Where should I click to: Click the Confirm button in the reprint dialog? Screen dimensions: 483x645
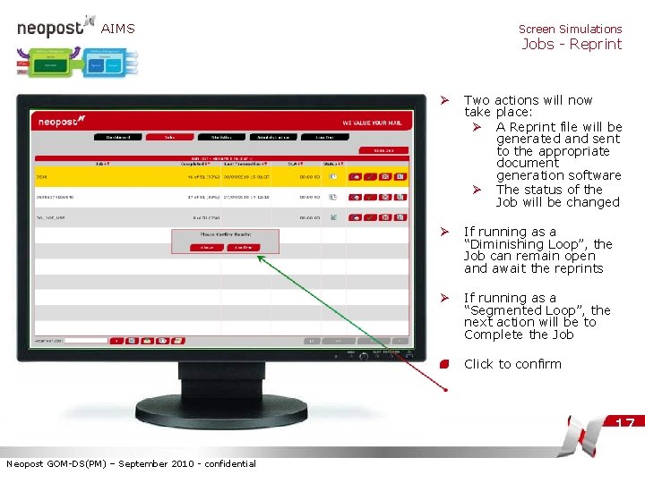click(243, 247)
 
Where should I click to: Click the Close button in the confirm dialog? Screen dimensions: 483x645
click(207, 247)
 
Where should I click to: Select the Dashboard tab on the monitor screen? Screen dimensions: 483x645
click(117, 137)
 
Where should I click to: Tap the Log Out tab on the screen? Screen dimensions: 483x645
click(324, 137)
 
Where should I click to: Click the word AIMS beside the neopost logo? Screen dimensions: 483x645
click(117, 29)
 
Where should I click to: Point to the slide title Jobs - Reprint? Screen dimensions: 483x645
click(572, 45)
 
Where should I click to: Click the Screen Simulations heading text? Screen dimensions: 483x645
click(570, 29)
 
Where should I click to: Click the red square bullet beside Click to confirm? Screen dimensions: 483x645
click(443, 364)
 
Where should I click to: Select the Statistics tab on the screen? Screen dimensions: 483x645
click(221, 137)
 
